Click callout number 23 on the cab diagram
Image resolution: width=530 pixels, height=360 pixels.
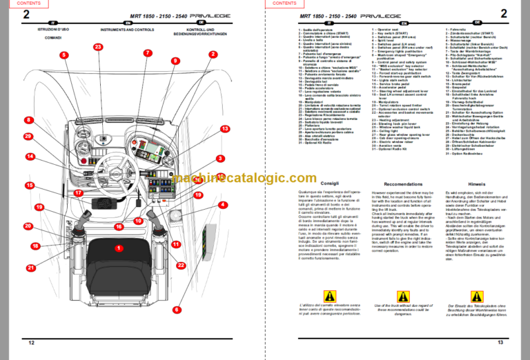[x=98, y=47]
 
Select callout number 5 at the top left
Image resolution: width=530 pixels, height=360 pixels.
[x=63, y=54]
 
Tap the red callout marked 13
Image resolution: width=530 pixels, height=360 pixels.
[x=225, y=129]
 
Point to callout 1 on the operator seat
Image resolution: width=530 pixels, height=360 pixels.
[x=119, y=248]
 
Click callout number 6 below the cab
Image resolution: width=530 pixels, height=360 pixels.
[x=177, y=310]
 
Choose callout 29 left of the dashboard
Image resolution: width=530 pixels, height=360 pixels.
[x=28, y=137]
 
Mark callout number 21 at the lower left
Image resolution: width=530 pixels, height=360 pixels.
[x=31, y=268]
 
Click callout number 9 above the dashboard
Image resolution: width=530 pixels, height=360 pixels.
[x=175, y=61]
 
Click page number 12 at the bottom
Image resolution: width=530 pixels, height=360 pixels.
[x=31, y=343]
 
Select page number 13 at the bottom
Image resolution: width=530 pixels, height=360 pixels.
[x=501, y=343]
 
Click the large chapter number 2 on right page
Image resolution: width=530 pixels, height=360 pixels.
[x=504, y=14]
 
